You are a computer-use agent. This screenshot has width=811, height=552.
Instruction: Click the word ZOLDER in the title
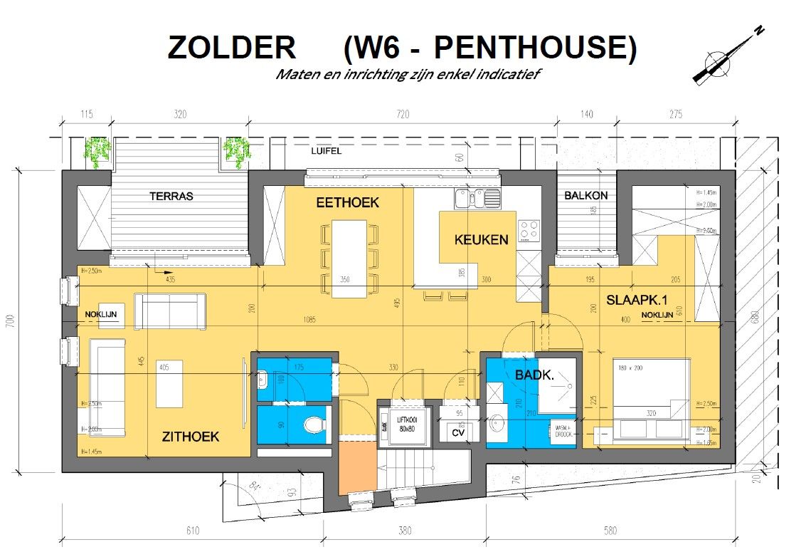(231, 48)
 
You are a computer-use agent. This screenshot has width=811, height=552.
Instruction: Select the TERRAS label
(171, 196)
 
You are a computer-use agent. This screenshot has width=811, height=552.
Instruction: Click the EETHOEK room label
(348, 203)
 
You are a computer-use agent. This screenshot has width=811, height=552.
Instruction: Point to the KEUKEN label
(482, 239)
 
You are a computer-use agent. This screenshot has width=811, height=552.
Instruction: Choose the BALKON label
(585, 195)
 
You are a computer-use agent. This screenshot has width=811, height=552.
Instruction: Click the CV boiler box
(458, 432)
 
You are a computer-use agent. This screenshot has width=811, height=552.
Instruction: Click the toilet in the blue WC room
(313, 425)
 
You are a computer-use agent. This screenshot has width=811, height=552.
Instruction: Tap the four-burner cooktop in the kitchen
(528, 229)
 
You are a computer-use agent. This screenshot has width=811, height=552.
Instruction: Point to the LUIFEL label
(326, 152)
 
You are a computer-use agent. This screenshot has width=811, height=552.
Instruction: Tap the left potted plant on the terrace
(98, 150)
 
